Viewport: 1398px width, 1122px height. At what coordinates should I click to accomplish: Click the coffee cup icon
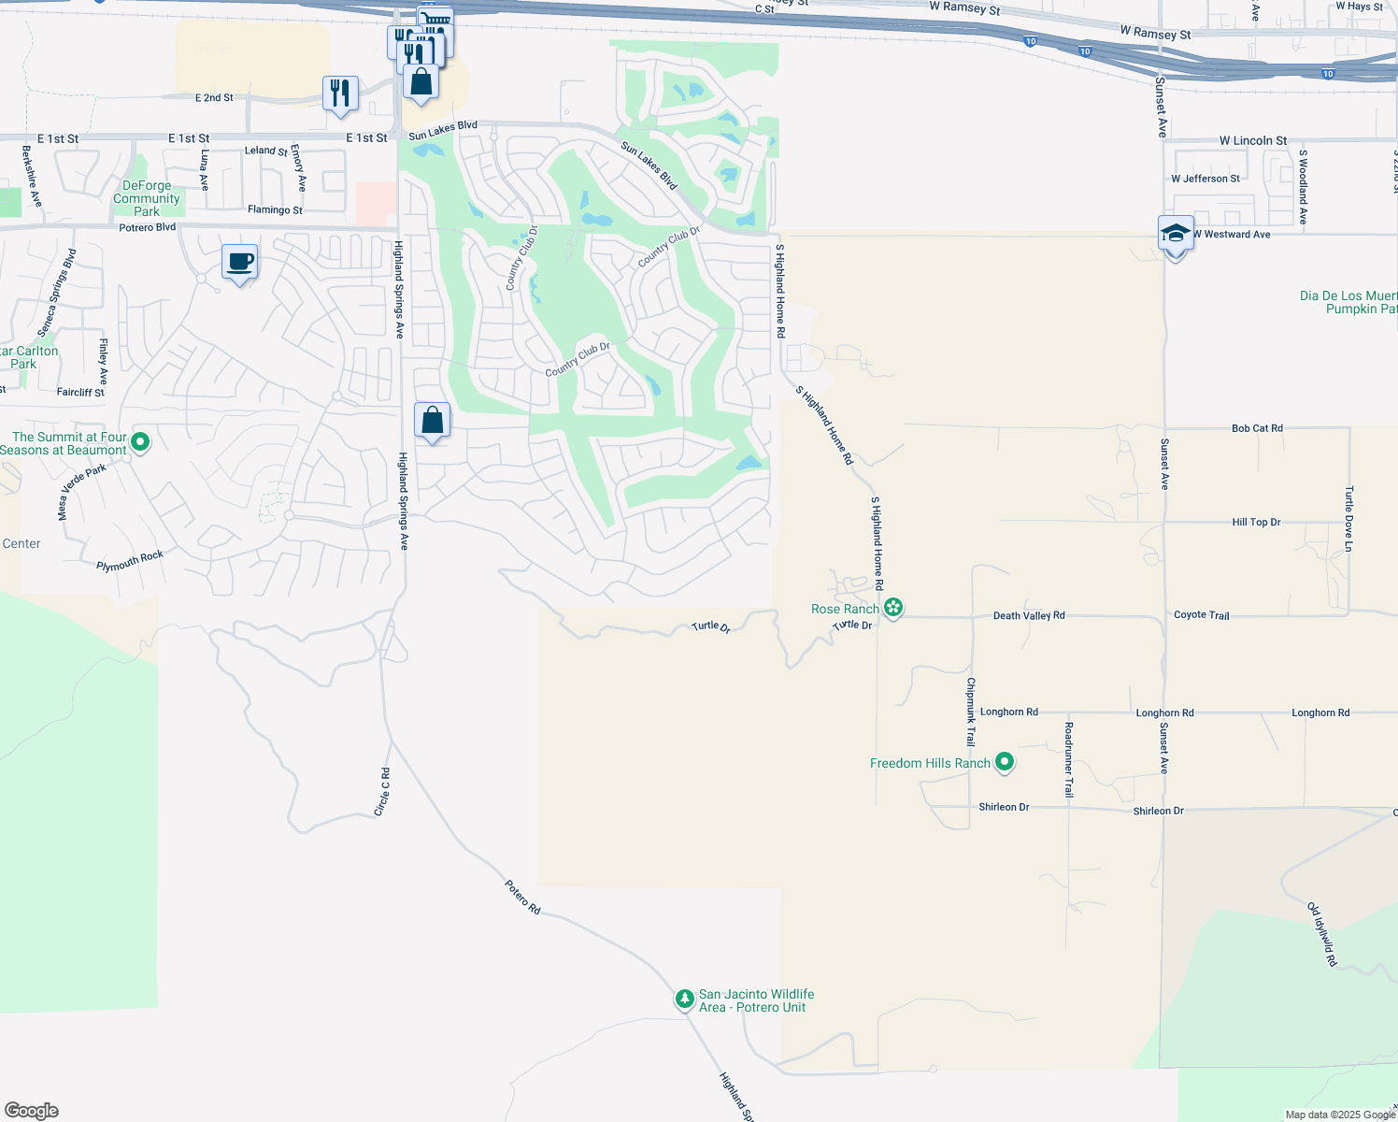(240, 262)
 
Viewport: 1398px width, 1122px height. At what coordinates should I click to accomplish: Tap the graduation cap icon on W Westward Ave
(1176, 235)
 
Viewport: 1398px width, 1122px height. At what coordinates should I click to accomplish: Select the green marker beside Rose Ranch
(893, 609)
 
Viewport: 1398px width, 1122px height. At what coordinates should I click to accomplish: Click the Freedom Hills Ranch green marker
(1005, 763)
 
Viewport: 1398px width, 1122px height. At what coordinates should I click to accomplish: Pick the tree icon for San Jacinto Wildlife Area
(685, 1000)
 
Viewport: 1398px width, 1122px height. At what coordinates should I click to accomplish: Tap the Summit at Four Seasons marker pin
(140, 441)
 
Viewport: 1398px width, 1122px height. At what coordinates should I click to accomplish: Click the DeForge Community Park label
(146, 198)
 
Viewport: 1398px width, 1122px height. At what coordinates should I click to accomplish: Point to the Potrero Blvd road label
(148, 227)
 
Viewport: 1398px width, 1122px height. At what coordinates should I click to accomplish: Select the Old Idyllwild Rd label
(1321, 934)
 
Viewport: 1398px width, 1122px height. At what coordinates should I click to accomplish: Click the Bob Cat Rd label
(1257, 428)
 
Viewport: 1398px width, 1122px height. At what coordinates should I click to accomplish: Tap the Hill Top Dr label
(1256, 522)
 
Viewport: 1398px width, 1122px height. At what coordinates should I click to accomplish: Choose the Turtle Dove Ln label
(1348, 518)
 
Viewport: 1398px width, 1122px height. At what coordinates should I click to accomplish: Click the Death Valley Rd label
(1029, 615)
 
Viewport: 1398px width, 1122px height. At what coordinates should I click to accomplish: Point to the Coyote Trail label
(1202, 614)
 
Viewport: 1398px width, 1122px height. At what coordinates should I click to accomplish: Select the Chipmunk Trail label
(971, 711)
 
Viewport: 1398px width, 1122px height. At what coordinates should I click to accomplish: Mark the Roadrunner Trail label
(1069, 759)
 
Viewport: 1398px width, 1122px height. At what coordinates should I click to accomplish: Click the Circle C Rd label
(382, 792)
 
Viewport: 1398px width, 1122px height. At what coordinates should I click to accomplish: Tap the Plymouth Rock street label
(130, 561)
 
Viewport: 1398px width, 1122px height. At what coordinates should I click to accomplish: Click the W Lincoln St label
(1252, 140)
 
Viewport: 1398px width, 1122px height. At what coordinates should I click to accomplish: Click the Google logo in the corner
(31, 1111)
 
